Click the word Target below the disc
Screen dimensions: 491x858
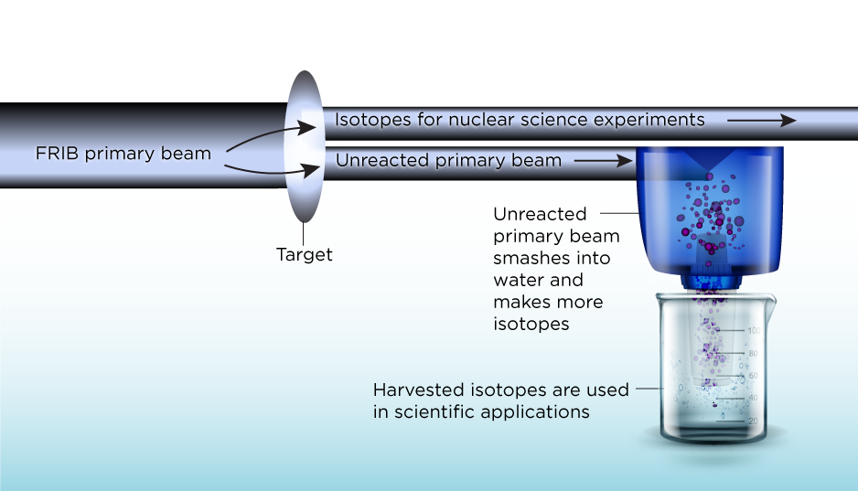pyautogui.click(x=304, y=255)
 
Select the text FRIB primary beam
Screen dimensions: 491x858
pyautogui.click(x=123, y=154)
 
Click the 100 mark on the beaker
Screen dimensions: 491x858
pyautogui.click(x=729, y=330)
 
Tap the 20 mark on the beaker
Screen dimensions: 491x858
pyautogui.click(x=729, y=421)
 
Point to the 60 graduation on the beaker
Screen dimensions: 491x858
pyautogui.click(x=729, y=375)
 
